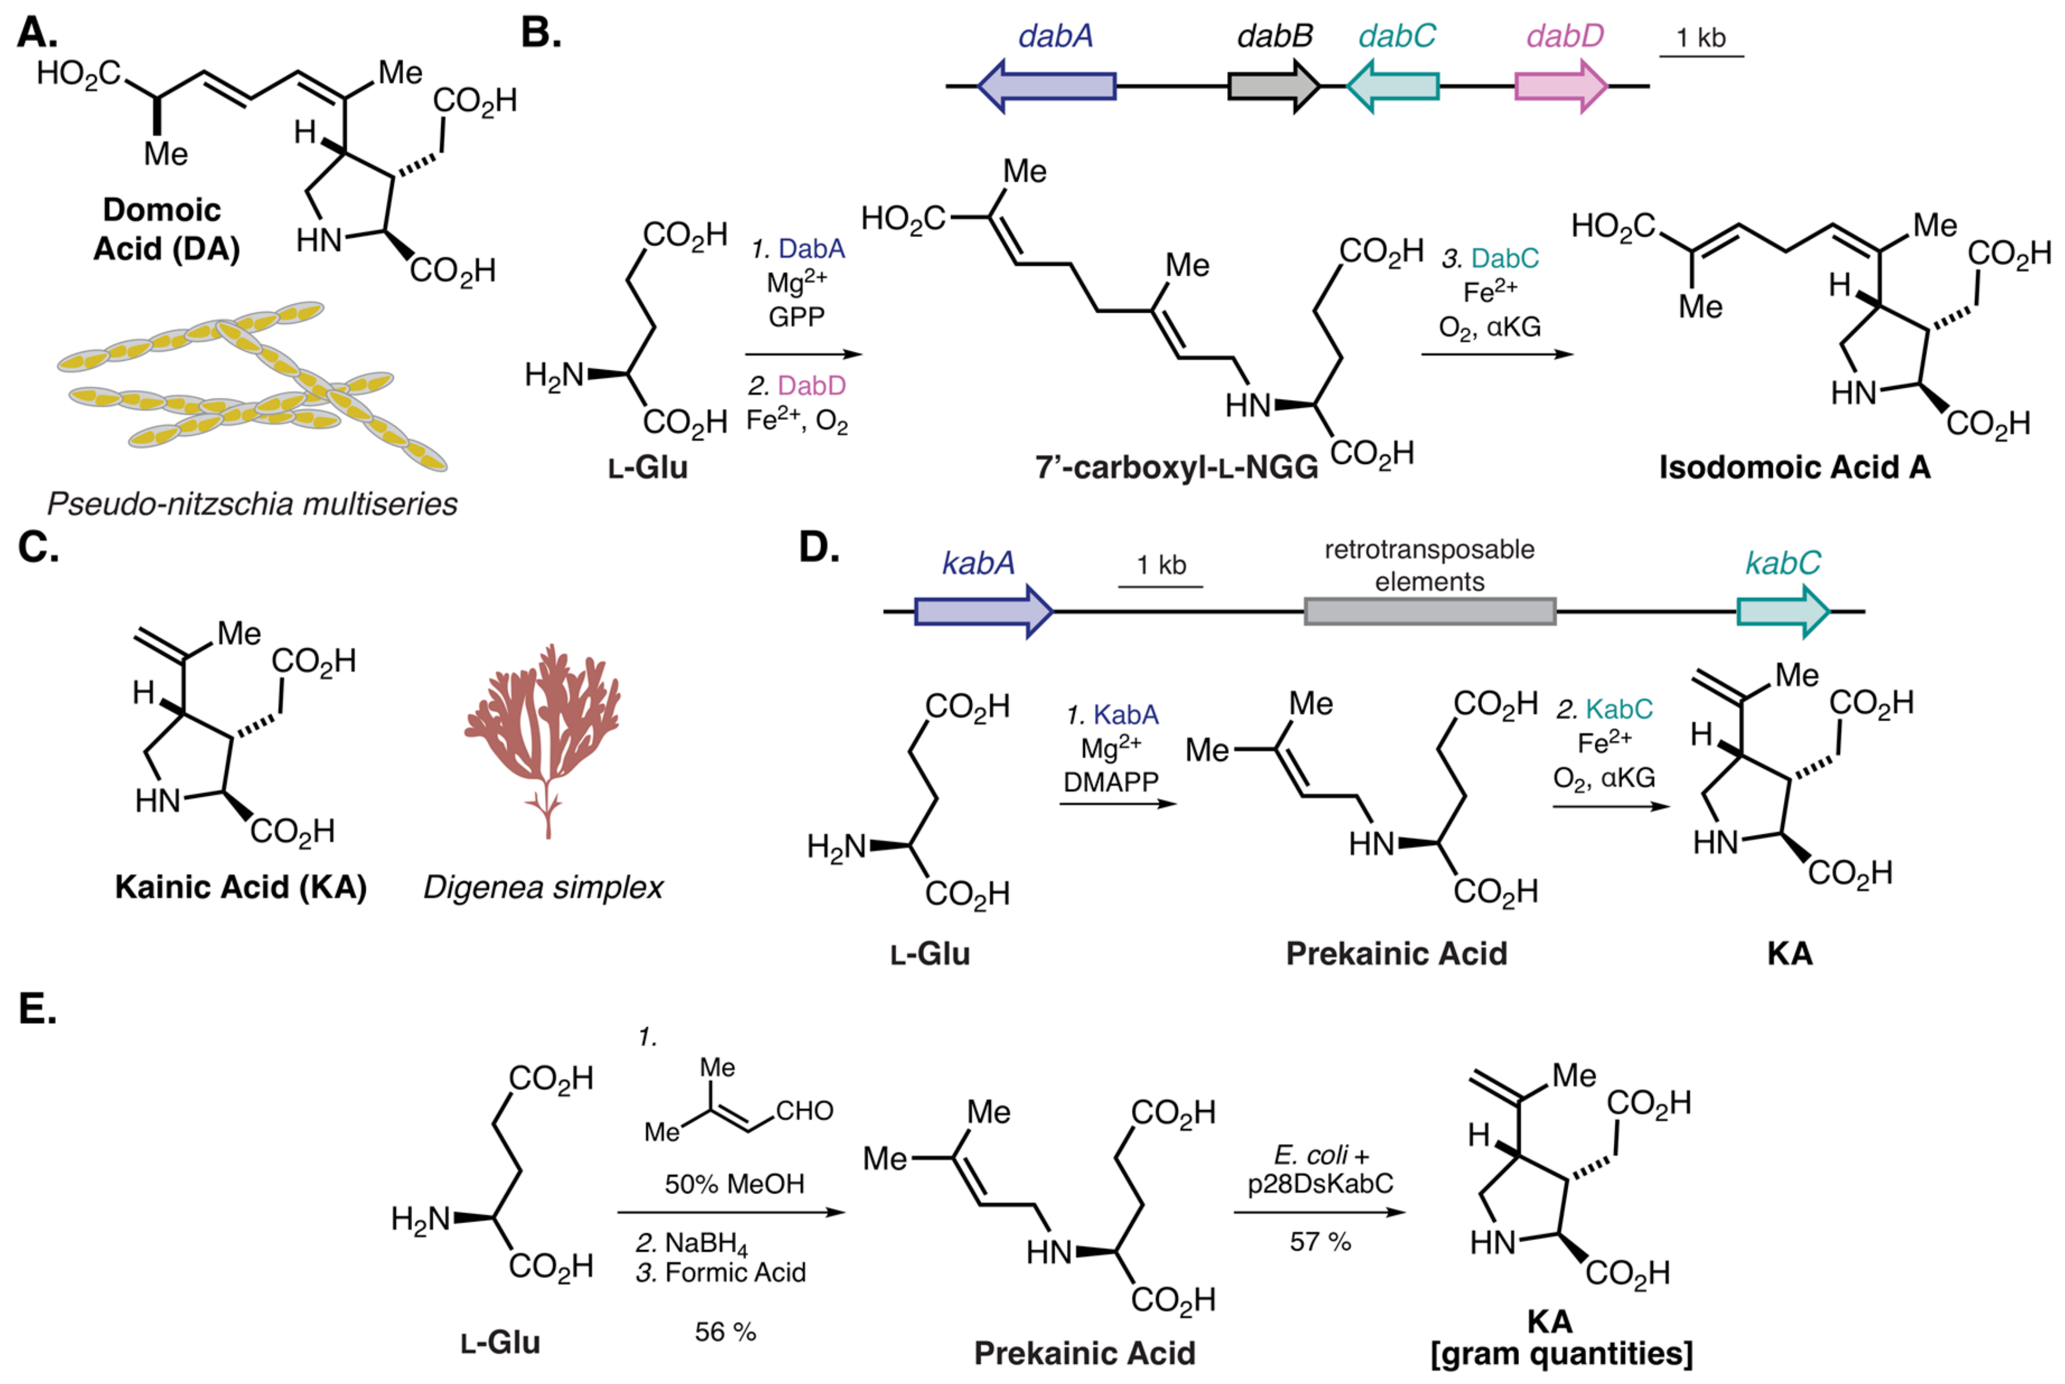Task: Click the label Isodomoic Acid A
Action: [1794, 467]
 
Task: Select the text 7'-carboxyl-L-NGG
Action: [1177, 467]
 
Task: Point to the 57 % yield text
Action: [1320, 1242]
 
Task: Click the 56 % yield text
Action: [725, 1332]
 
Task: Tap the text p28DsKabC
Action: [1320, 1184]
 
